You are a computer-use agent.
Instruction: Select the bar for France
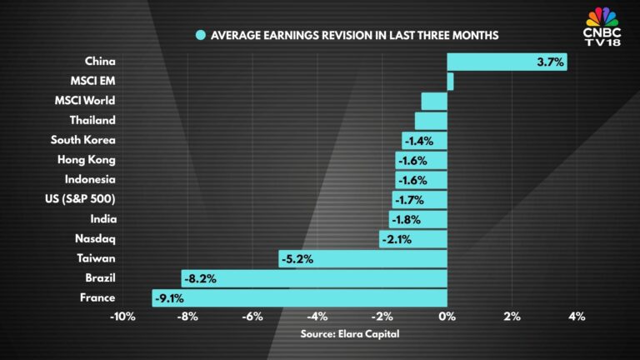tap(300, 298)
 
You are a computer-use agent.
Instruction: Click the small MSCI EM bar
tap(450, 81)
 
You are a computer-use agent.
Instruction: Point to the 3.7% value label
tap(551, 61)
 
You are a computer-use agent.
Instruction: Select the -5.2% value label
tap(297, 259)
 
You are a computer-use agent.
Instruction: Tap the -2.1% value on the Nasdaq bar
tap(396, 239)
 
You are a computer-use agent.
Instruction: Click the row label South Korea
tap(82, 140)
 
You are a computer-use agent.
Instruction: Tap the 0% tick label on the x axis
tap(447, 317)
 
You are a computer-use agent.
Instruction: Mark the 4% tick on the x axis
tap(577, 317)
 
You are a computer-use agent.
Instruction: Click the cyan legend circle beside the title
tap(200, 35)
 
